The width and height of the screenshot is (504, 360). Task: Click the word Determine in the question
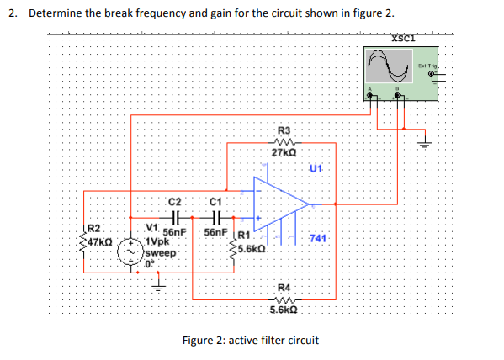pos(58,16)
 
